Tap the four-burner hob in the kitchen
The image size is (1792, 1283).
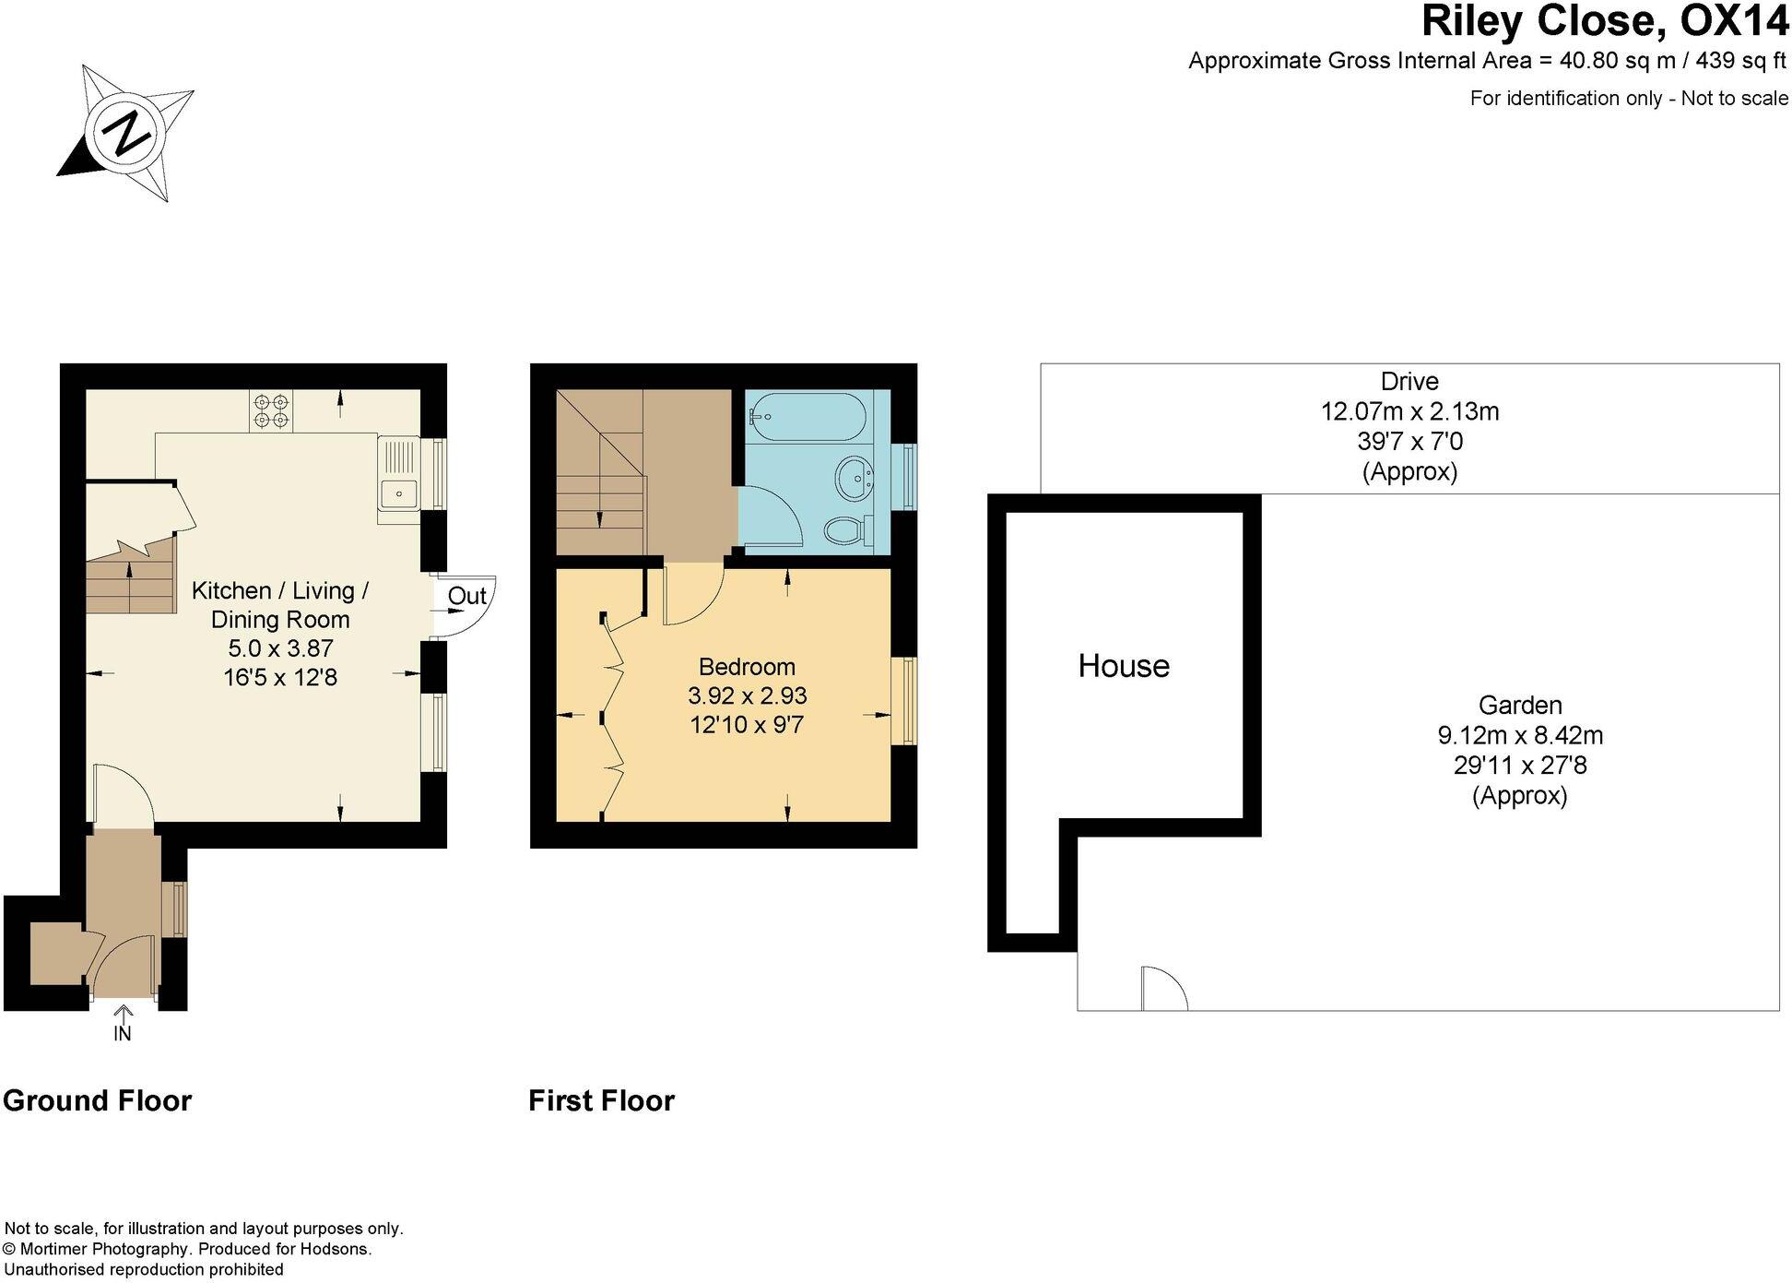coord(271,410)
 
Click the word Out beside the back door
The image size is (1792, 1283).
coord(466,596)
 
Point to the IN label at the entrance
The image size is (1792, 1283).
coord(123,1034)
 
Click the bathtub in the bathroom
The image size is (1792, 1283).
coord(806,417)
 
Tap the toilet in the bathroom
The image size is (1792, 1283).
coord(846,530)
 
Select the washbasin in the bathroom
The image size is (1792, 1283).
coord(855,479)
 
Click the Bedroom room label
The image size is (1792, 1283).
coord(747,666)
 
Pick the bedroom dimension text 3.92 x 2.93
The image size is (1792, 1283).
coord(747,695)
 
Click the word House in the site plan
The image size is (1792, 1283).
coord(1124,666)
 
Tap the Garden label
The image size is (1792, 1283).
coord(1520,706)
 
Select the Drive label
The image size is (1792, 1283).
coord(1409,381)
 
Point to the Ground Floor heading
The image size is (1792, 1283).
coord(98,1100)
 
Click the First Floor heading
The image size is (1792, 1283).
coord(601,1100)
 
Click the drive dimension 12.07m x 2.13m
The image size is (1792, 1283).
coord(1409,411)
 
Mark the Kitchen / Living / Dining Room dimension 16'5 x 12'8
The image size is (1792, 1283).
coord(280,678)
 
